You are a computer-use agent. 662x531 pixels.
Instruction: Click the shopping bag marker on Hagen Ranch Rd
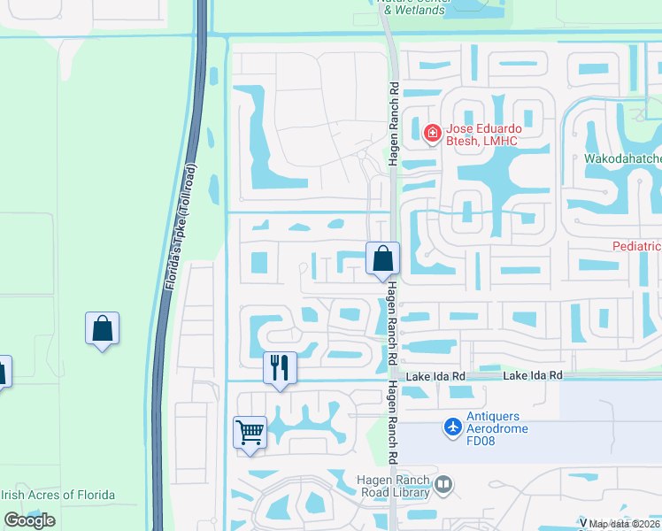coord(382,259)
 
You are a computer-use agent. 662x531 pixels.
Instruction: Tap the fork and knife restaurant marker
coord(280,367)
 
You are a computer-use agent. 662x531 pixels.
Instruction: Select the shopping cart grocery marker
coord(250,433)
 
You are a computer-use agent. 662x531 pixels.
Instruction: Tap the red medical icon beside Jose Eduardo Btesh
coord(433,135)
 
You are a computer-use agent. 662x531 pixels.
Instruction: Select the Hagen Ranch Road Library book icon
coord(443,484)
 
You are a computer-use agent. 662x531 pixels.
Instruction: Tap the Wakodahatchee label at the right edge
coord(622,159)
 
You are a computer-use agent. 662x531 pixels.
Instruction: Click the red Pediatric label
coord(637,245)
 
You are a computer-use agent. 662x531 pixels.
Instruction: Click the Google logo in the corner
coord(29,520)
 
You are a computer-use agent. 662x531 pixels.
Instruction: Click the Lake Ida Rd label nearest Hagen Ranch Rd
coord(435,376)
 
